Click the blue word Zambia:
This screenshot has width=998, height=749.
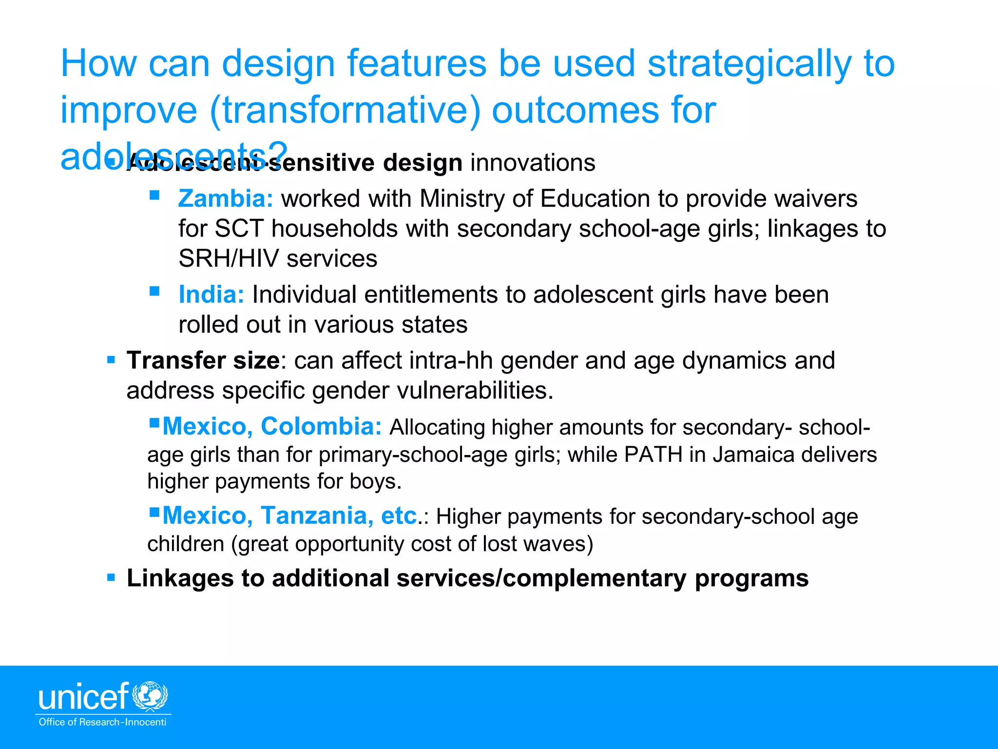[x=226, y=199]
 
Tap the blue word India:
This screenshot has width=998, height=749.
[x=211, y=295]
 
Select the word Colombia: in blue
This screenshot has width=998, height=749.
[x=321, y=426]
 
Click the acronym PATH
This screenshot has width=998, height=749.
[x=653, y=454]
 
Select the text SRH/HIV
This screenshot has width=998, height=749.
[x=229, y=258]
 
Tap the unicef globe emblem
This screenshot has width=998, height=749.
[x=151, y=696]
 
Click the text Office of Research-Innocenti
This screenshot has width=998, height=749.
[x=102, y=722]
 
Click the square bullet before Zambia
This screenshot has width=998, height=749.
[x=154, y=196]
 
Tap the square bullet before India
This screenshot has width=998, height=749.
[x=154, y=291]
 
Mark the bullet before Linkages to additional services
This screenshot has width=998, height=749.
[x=111, y=578]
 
